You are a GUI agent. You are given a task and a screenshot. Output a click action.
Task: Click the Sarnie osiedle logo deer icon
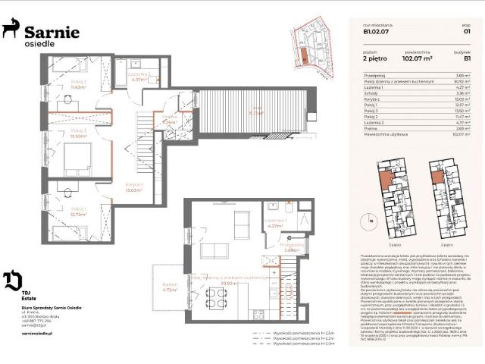click(x=11, y=29)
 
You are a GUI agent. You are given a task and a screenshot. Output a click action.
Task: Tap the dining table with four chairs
click(x=214, y=300)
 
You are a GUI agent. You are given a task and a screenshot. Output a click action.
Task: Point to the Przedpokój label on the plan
click(x=292, y=246)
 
